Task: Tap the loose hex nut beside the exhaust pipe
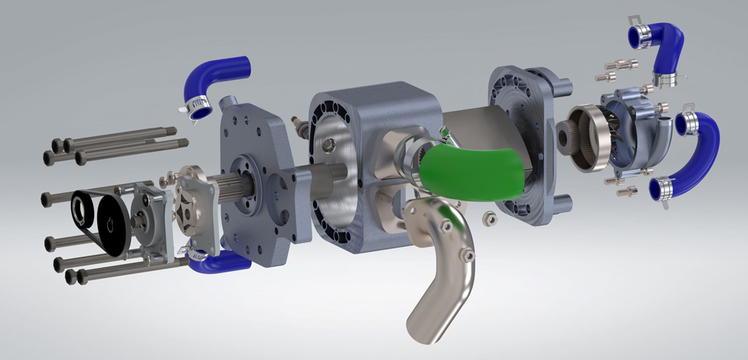click(x=488, y=218)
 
